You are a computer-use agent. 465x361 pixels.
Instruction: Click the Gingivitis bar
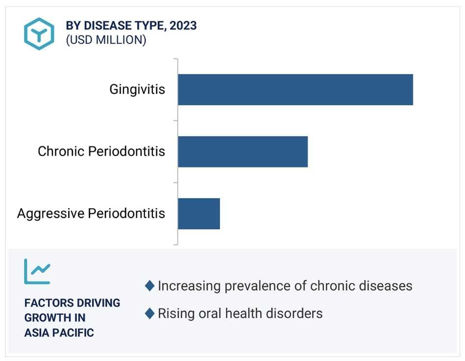[295, 90]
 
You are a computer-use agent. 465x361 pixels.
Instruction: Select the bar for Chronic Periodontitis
[243, 151]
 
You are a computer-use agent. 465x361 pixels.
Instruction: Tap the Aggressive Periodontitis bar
[199, 214]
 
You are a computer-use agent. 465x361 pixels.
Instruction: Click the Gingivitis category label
[137, 90]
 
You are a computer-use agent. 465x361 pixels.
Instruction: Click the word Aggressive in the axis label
[50, 214]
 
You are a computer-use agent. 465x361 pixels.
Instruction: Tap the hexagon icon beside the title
[39, 34]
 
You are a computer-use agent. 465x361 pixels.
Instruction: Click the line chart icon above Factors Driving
[37, 271]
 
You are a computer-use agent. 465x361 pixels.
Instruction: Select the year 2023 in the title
[183, 25]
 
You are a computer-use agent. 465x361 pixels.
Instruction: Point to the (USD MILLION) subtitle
[106, 40]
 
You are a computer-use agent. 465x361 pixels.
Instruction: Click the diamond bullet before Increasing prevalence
[150, 286]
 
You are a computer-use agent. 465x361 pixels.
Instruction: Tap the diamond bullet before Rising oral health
[150, 313]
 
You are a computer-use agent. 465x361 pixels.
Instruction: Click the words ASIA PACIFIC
[59, 333]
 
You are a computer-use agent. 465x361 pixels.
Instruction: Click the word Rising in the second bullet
[176, 314]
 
